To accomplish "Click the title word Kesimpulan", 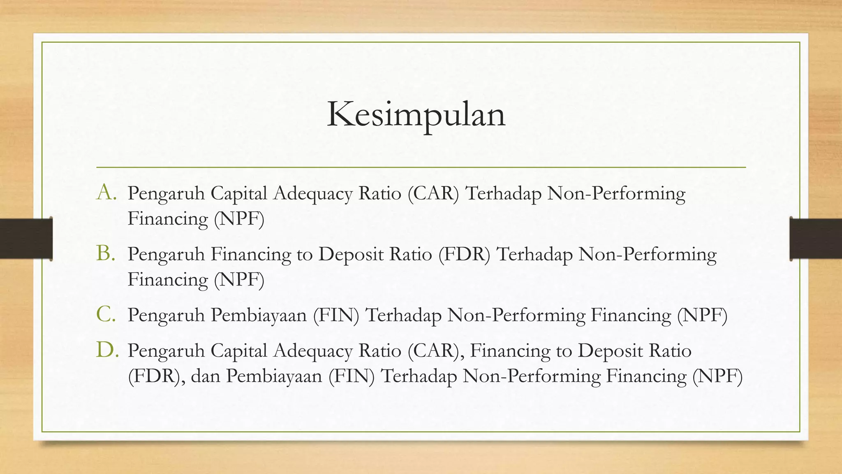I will tap(416, 114).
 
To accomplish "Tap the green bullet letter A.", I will tap(106, 192).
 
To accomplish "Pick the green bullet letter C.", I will tap(106, 314).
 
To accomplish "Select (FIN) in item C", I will tap(336, 315).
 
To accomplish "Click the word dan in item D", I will tap(205, 376).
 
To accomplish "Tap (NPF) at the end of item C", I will tap(702, 315).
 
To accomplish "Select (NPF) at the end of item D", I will tap(717, 376).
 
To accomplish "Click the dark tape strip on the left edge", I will tap(26, 239).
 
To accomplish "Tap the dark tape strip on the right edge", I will tap(816, 239).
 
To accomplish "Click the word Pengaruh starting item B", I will tap(166, 255).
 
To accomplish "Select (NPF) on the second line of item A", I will tap(239, 218).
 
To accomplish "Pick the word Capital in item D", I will tap(239, 351).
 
